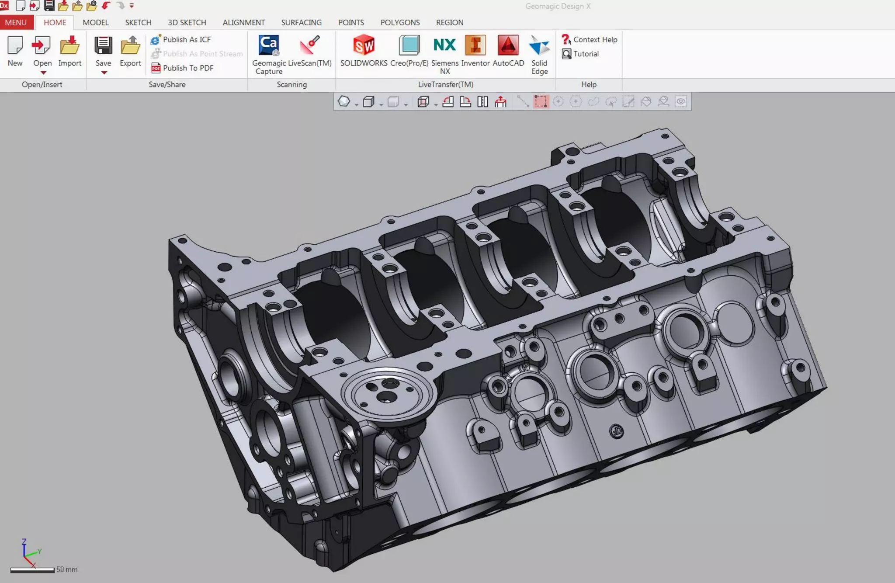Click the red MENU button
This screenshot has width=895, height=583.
pyautogui.click(x=16, y=22)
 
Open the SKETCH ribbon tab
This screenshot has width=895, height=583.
pyautogui.click(x=138, y=22)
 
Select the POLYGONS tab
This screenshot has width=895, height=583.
pyautogui.click(x=399, y=22)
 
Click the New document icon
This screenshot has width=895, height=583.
pyautogui.click(x=15, y=45)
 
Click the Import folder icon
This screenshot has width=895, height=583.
pyautogui.click(x=69, y=45)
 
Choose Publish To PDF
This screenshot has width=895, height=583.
pyautogui.click(x=187, y=68)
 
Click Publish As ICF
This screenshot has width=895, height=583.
pyautogui.click(x=186, y=39)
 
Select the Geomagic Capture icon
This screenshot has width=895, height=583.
pyautogui.click(x=269, y=45)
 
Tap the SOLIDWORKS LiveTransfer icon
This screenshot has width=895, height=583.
pyautogui.click(x=364, y=45)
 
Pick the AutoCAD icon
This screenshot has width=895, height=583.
pyautogui.click(x=508, y=45)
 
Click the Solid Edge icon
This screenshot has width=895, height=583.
pyautogui.click(x=539, y=45)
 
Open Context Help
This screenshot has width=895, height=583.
pyautogui.click(x=595, y=39)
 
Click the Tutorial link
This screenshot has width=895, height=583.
pyautogui.click(x=586, y=54)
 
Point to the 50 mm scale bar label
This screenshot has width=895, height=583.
pyautogui.click(x=67, y=569)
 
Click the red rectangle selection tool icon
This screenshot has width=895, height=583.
pyautogui.click(x=541, y=102)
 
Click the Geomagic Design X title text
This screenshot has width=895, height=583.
pyautogui.click(x=558, y=6)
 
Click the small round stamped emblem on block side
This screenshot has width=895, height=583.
pyautogui.click(x=616, y=431)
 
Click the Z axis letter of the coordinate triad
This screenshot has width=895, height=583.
pyautogui.click(x=24, y=542)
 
